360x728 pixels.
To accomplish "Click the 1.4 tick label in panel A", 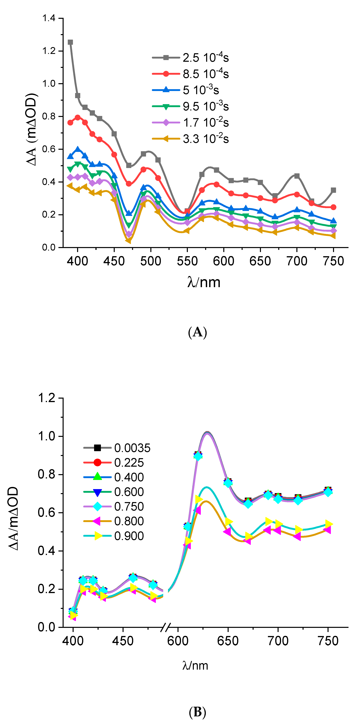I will (x=49, y=18).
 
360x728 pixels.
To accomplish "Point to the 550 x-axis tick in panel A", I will (x=187, y=261).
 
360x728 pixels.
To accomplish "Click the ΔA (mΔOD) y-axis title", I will (x=32, y=129).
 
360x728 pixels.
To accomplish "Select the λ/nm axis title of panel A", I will (x=204, y=282).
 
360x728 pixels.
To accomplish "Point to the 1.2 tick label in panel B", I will (x=46, y=398).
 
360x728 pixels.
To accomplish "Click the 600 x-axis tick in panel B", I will (x=178, y=641).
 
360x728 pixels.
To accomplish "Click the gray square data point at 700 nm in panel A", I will (x=297, y=176).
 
